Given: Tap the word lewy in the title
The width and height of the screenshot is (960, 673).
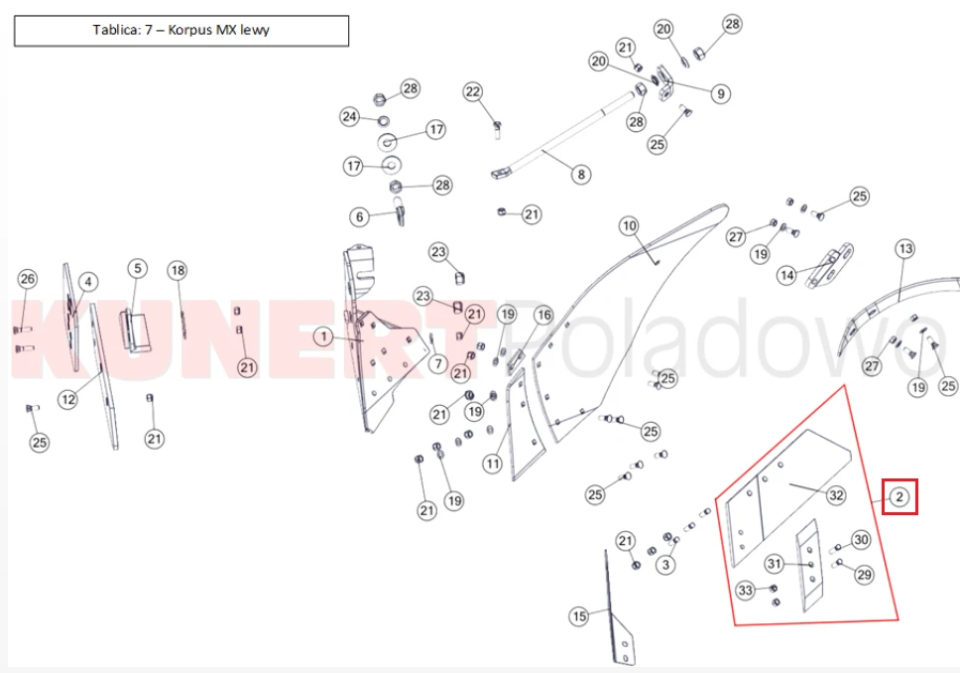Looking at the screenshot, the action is click(255, 30).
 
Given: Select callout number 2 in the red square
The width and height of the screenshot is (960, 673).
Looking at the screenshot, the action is click(900, 496).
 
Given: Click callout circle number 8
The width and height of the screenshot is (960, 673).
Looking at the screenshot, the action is click(581, 175).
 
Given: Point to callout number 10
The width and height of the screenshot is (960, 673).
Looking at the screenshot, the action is click(629, 226).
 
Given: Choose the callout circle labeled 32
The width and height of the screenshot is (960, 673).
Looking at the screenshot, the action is click(836, 495).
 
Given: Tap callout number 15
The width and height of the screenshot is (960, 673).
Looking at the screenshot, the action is click(579, 616).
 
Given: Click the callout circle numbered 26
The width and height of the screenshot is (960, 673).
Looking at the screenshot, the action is click(28, 279).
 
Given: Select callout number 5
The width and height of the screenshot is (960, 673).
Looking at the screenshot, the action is click(138, 268).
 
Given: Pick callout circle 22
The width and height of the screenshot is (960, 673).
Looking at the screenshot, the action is click(473, 92).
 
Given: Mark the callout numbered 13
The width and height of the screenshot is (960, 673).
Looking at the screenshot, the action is click(904, 249).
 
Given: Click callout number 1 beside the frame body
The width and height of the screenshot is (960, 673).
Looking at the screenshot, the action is click(323, 336).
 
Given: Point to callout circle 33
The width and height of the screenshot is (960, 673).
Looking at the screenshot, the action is click(745, 591).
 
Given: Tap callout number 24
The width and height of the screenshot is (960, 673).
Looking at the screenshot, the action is click(350, 116).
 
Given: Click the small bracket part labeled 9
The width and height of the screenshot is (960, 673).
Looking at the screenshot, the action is click(665, 82).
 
